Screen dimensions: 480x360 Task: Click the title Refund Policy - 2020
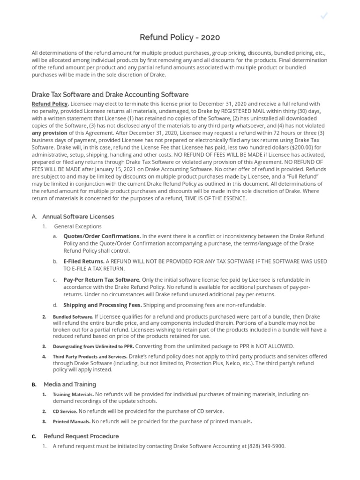[x=180, y=37]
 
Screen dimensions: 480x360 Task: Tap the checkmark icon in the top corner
[x=323, y=16]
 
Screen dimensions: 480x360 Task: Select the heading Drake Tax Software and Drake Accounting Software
[x=110, y=94]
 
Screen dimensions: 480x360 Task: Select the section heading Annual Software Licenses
[x=78, y=217]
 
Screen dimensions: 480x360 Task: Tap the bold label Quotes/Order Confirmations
[x=102, y=236]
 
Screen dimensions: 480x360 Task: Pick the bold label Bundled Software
[x=73, y=317]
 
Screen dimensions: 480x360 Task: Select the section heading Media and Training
[x=70, y=384]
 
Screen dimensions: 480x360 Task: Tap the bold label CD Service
[x=65, y=411]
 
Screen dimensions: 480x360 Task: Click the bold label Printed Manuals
[x=71, y=421]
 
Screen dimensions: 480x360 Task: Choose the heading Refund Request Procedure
[x=81, y=436]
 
